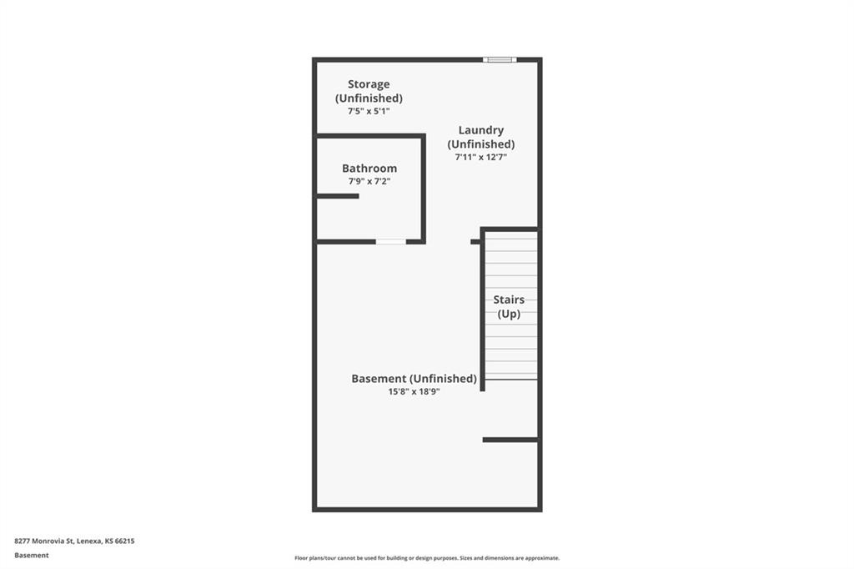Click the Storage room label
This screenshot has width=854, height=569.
coord(369,84)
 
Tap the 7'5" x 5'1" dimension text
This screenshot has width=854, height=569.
coord(369,111)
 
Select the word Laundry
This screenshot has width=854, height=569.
coord(481,130)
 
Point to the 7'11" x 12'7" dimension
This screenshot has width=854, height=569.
coord(481,157)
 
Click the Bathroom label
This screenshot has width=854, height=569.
coord(369,169)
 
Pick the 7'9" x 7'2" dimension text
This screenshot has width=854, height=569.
coord(369,182)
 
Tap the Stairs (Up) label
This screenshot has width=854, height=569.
coord(509,306)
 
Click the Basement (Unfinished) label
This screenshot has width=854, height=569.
coord(414,379)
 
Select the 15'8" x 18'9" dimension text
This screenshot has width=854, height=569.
coord(414,391)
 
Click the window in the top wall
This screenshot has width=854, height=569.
coord(500,59)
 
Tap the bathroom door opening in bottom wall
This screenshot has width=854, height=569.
coord(391,241)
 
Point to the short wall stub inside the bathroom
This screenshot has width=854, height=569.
coord(338,196)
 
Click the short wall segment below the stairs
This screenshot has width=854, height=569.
coord(510,440)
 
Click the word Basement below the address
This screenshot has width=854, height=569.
coord(32,556)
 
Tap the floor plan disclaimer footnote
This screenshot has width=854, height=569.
coord(427,558)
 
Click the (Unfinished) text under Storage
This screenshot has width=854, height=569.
coord(369,98)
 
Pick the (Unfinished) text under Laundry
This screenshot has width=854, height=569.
coord(481,144)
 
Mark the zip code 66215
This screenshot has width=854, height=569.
coord(125,541)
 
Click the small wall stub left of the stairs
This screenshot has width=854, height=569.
coord(475,241)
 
